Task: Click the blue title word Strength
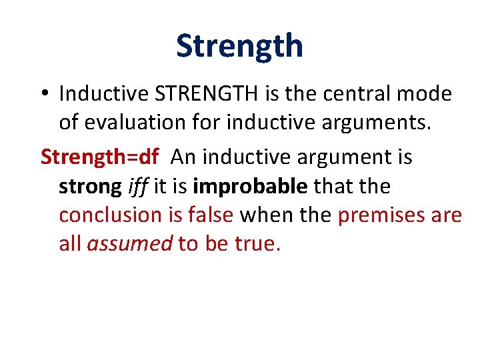[239, 45]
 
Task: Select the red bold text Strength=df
[100, 157]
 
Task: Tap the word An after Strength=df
[184, 157]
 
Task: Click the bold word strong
[89, 187]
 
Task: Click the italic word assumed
[129, 244]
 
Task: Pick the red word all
[70, 244]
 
